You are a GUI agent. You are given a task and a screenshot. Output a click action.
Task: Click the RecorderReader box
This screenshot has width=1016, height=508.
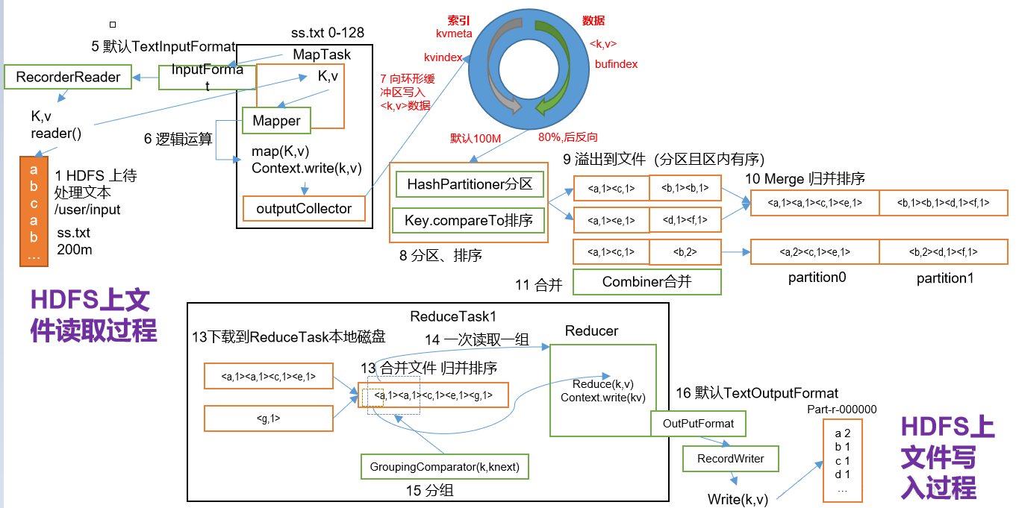[68, 78]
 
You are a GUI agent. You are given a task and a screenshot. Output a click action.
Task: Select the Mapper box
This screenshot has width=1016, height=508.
[276, 121]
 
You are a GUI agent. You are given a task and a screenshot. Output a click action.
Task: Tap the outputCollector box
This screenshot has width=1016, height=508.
[304, 209]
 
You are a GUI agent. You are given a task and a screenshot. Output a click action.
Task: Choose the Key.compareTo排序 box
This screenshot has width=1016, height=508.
[470, 220]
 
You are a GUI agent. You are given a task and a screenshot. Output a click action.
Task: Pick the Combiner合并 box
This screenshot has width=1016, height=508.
[646, 282]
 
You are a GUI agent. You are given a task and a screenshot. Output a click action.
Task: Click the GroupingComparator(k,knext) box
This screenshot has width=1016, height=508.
[444, 467]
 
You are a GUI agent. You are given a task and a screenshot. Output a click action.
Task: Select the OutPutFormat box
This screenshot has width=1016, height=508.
[698, 424]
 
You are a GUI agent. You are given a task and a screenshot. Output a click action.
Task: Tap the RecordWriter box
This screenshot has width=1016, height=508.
[730, 459]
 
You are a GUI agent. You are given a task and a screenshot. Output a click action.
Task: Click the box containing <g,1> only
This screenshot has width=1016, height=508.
[268, 418]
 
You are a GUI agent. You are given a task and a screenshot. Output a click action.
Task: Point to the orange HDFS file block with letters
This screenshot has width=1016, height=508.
[34, 212]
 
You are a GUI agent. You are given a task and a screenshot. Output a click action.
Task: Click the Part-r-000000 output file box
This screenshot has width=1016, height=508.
[842, 461]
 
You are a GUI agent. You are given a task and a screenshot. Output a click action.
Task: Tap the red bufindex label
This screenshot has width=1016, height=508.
[616, 64]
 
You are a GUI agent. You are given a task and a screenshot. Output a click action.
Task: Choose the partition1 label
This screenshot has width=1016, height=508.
[944, 278]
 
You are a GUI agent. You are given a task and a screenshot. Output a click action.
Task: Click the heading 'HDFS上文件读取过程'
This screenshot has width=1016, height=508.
[94, 315]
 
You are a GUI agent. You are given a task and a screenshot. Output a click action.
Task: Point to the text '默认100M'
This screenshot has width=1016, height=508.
[475, 138]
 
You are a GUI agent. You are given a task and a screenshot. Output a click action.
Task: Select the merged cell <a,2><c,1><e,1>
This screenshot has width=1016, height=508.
[814, 252]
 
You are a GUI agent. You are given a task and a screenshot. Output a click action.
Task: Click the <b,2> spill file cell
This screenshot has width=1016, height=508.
[685, 252]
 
